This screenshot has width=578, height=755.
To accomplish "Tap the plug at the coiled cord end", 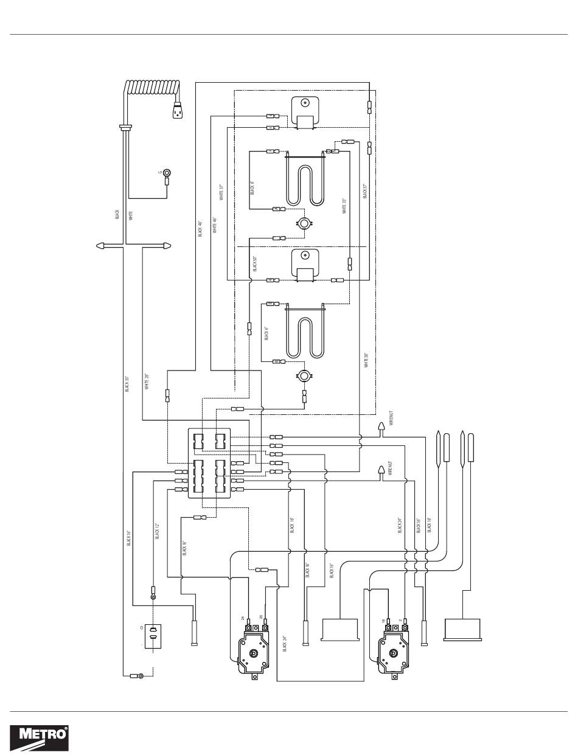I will pyautogui.click(x=178, y=111).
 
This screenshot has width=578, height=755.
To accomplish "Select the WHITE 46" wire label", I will pyautogui.click(x=215, y=225).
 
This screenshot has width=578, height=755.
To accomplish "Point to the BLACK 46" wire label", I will pyautogui.click(x=200, y=229).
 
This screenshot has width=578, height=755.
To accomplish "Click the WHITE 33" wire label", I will pyautogui.click(x=344, y=206).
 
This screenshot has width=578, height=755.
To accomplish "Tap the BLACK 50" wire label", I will pyautogui.click(x=254, y=263).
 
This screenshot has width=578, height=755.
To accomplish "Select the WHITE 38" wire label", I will pyautogui.click(x=366, y=360).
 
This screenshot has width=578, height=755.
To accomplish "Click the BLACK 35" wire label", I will pyautogui.click(x=127, y=383).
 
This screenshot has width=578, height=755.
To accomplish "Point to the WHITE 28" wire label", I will pyautogui.click(x=147, y=381).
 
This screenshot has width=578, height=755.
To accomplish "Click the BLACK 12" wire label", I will pyautogui.click(x=157, y=531).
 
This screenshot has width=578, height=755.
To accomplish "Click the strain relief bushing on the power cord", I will pyautogui.click(x=126, y=127).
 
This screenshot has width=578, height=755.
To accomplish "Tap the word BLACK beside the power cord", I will pyautogui.click(x=117, y=214).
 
